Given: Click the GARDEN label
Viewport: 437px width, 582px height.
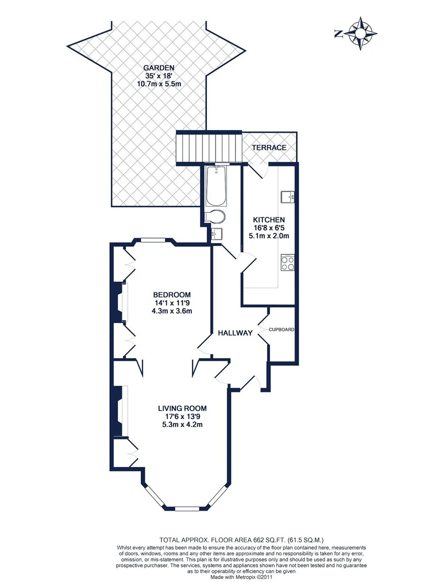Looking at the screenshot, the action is click(x=159, y=67).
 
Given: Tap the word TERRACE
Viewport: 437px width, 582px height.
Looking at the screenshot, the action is click(x=269, y=148).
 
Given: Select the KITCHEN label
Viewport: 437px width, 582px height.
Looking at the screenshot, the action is click(x=269, y=220).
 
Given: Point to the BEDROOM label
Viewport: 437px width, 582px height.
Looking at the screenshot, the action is click(x=172, y=294).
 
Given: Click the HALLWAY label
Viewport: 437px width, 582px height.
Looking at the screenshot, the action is click(x=235, y=333).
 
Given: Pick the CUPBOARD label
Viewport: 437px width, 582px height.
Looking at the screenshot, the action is click(x=282, y=330).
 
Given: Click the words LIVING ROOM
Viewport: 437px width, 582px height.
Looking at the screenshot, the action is click(x=182, y=408).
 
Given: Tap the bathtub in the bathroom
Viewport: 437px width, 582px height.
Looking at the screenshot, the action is click(x=217, y=186).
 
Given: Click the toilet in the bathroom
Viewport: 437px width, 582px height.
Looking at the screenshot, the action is click(x=215, y=217).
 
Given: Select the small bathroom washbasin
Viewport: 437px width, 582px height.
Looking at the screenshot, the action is click(x=217, y=234).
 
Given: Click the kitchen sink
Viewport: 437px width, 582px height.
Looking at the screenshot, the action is click(x=287, y=197).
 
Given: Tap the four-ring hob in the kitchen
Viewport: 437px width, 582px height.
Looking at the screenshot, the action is click(x=287, y=263).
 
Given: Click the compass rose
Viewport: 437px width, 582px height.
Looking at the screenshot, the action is click(x=360, y=33).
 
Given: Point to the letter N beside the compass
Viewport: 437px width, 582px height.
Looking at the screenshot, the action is click(x=338, y=33).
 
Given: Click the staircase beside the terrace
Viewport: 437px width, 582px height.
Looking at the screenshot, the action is click(x=209, y=148).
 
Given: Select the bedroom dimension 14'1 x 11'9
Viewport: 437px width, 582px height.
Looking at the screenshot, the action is click(x=172, y=303).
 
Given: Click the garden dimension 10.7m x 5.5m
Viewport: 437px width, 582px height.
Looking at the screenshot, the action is click(x=159, y=84).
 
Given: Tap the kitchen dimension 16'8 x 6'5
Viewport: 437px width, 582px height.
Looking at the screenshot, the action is click(x=269, y=227).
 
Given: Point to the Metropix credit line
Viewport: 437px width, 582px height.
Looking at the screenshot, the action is click(x=241, y=575).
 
